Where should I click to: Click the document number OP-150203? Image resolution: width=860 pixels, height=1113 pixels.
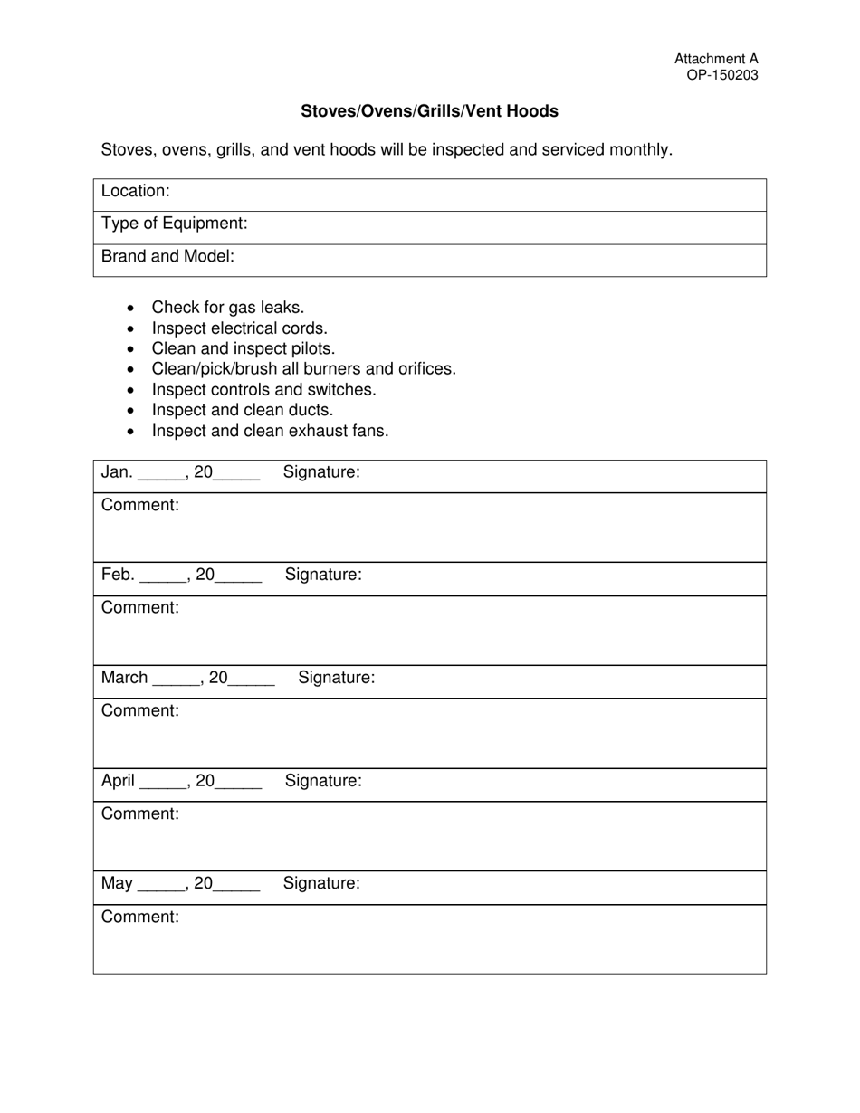pos(721,75)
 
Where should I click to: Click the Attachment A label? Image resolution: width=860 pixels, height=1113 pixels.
pos(716,59)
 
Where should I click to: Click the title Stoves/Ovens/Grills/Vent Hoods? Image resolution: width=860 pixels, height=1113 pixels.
pos(429,111)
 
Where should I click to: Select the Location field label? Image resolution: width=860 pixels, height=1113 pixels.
pos(136,191)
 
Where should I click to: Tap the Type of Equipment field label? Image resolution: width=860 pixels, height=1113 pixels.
pos(174,224)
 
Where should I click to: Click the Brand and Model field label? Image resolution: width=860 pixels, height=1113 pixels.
pos(167,256)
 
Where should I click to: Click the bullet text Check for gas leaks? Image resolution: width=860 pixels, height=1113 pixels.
pos(227,308)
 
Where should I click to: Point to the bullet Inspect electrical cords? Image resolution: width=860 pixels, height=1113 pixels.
pos(239,328)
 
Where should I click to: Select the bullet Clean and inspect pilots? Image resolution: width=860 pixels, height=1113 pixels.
pos(243,348)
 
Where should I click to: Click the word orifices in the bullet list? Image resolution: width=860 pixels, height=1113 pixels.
pos(425,369)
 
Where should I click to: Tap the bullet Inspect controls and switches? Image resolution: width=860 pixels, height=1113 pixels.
pos(263,390)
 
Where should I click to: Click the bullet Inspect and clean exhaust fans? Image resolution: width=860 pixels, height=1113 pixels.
pos(270,431)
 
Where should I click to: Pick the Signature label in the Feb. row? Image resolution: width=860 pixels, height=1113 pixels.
pos(323,575)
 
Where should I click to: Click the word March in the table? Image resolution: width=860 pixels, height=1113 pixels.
pos(124,678)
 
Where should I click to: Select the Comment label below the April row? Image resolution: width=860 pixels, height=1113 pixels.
pos(140,813)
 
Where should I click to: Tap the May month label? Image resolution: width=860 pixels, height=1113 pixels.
pos(117,883)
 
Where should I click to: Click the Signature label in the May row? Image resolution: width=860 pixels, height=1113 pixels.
pos(321,883)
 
